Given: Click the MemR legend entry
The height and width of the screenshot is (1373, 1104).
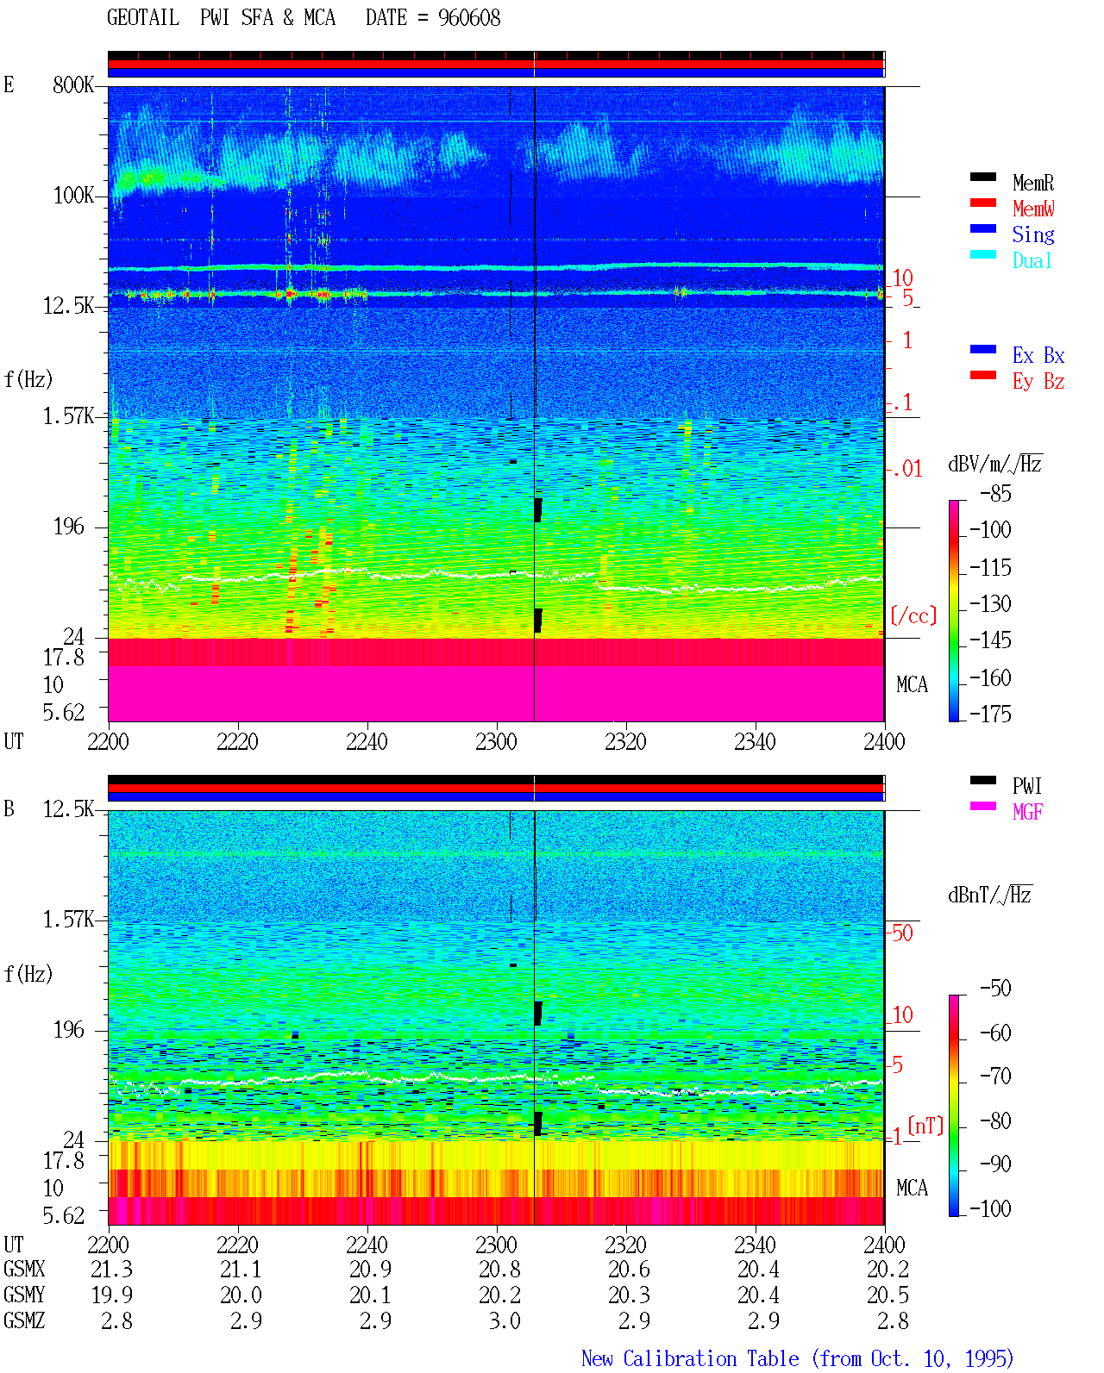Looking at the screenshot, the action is click(1032, 183).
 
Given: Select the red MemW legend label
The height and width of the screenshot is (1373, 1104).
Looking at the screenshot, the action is click(1032, 209).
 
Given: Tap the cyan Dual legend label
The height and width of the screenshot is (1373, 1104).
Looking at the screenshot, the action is click(1032, 260).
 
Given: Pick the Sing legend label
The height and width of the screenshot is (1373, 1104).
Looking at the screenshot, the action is click(1032, 234).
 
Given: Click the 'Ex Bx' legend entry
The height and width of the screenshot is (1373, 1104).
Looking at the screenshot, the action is click(1038, 355).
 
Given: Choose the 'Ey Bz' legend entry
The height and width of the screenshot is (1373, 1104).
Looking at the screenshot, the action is click(1038, 382).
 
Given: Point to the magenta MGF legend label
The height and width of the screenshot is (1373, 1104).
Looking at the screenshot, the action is click(1027, 812).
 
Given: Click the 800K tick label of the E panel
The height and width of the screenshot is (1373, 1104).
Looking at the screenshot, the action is click(73, 84).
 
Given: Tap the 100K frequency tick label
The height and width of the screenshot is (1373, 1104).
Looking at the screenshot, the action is click(73, 196).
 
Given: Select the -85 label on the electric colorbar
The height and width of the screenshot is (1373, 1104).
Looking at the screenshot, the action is click(995, 493).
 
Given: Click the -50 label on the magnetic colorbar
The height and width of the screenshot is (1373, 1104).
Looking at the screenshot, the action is click(995, 989).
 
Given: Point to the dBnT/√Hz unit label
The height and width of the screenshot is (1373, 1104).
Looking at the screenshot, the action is click(989, 895).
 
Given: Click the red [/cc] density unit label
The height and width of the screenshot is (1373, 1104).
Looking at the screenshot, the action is click(913, 615).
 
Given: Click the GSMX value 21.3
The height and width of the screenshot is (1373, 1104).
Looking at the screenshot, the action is click(111, 1269).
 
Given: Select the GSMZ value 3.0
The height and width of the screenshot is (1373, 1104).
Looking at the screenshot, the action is click(505, 1320).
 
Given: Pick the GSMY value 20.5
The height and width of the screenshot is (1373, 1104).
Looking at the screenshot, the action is click(888, 1295).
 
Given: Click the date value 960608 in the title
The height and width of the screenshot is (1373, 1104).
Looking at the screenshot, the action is click(469, 18).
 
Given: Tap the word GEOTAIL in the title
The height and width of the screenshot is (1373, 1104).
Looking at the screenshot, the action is click(143, 18).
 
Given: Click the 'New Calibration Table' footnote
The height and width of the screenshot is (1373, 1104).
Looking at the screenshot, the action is click(690, 1358).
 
